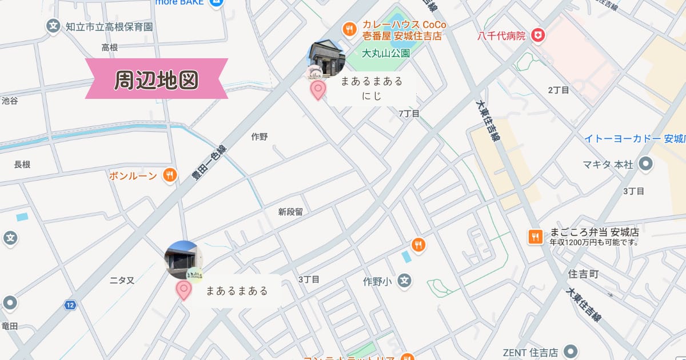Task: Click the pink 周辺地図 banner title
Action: [x=156, y=79]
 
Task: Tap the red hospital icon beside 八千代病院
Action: [x=537, y=36]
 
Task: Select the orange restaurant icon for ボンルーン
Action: [x=169, y=175]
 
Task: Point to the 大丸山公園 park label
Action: [x=386, y=53]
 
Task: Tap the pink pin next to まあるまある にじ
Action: [x=318, y=90]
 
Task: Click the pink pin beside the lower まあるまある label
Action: [x=184, y=290]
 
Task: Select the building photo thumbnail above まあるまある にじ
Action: [x=326, y=58]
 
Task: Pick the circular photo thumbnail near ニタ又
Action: [x=183, y=259]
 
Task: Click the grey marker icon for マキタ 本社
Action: [x=646, y=165]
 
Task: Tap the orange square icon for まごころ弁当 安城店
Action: [x=535, y=236]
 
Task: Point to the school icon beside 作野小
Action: [x=405, y=281]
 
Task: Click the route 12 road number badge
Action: [x=70, y=306]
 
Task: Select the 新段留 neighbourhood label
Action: [x=290, y=212]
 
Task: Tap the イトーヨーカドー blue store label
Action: [x=635, y=139]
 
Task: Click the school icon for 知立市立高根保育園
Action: [x=53, y=26]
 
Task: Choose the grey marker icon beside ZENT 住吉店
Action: [x=569, y=351]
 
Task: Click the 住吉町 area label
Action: [x=584, y=275]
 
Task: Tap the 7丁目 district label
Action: [x=409, y=114]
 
